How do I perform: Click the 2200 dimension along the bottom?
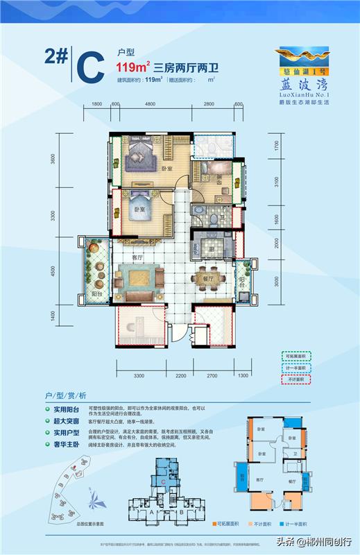point(181,375)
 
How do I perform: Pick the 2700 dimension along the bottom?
point(213,375)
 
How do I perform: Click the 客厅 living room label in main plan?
point(136,257)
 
